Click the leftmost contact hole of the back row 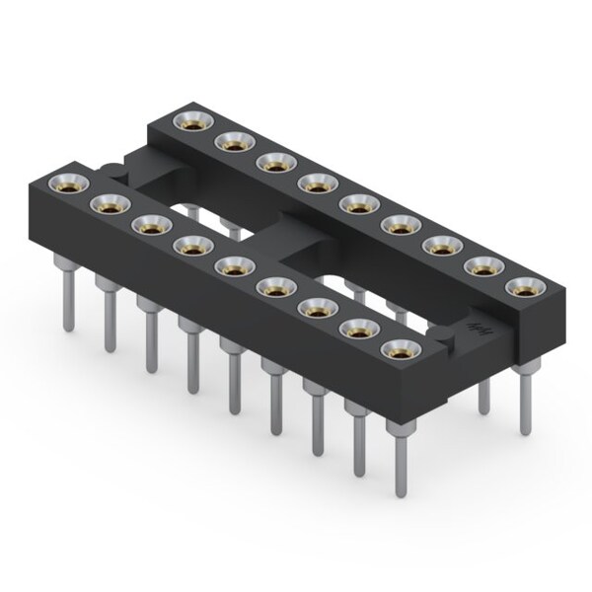coord(187,121)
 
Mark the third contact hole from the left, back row coord(272,162)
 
